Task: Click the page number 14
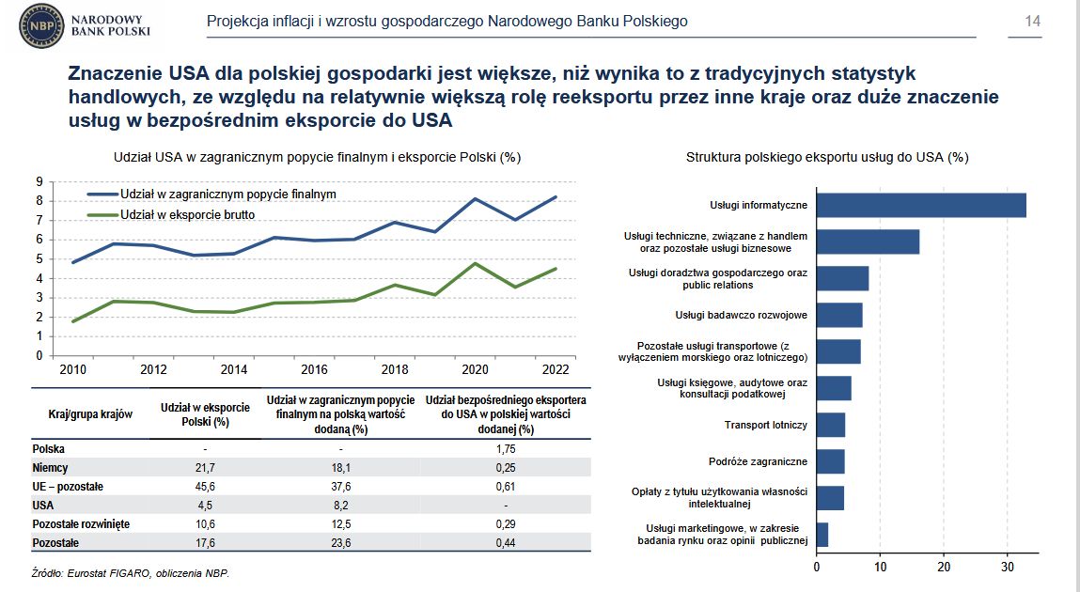coord(1032,22)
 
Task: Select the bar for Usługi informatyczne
coord(921,205)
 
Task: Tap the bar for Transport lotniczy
coord(831,425)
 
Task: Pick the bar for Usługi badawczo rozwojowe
coord(839,315)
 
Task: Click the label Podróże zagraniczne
coord(758,461)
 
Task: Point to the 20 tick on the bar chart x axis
coord(944,567)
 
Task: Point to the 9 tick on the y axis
coord(39,181)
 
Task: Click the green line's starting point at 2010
coord(73,321)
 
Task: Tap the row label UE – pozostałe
coord(68,486)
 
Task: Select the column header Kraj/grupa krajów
coord(90,414)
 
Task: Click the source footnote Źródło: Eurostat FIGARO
coord(131,572)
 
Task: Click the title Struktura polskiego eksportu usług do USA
coord(827,157)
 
